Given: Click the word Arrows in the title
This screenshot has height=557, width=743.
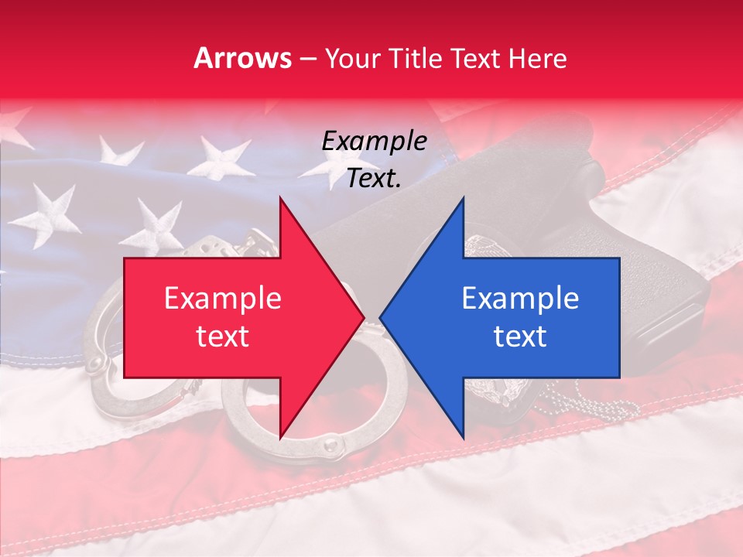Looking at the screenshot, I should click(243, 58).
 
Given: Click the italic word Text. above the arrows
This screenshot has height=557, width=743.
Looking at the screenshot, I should click(374, 179).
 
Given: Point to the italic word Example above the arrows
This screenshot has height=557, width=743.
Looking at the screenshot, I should click(374, 142).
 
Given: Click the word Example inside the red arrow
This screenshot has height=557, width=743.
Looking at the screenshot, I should click(223, 299).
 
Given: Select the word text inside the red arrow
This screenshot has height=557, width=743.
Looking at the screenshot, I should click(223, 337).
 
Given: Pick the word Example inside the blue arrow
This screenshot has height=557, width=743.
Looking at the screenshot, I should click(520, 299).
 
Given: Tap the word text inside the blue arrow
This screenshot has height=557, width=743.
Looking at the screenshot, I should click(520, 337).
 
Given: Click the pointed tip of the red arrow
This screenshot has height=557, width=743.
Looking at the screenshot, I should click(363, 317).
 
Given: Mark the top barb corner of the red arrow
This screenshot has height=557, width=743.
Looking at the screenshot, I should click(280, 198).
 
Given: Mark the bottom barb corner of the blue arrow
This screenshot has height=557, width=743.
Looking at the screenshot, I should click(464, 438).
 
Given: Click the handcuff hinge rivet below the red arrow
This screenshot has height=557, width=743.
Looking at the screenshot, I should click(330, 446).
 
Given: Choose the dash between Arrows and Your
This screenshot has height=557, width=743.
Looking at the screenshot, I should click(307, 59).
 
